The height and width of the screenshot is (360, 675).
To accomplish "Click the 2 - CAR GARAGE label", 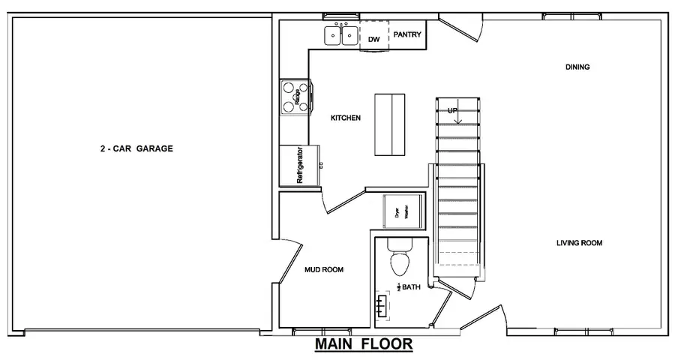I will click(x=136, y=148).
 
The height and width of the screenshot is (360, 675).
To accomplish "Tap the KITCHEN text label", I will click(x=346, y=118).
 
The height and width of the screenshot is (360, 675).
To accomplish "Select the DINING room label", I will click(x=577, y=67).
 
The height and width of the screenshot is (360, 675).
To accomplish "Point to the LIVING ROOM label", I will click(x=579, y=243).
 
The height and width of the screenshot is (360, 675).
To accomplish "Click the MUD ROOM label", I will click(x=324, y=269).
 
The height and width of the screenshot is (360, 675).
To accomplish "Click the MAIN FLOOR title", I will click(x=363, y=344).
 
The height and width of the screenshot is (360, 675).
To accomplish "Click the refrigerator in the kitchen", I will click(x=298, y=165).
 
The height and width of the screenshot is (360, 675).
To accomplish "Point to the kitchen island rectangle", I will click(x=389, y=124).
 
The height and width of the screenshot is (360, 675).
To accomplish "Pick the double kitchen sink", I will click(x=340, y=35).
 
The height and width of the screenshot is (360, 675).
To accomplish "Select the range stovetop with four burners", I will click(x=295, y=97).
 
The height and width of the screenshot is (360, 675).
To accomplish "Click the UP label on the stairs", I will click(x=453, y=111).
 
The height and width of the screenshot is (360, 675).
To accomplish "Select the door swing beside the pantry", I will click(x=461, y=31).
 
